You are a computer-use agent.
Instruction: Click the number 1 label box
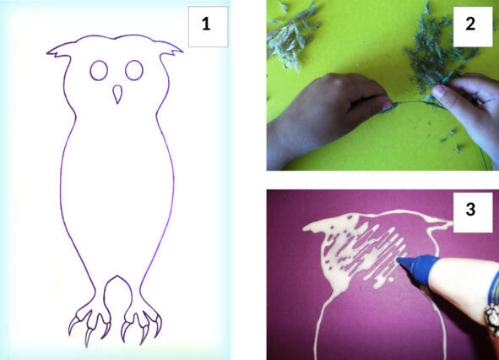point(209,27)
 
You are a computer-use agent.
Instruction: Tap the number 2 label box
point(473,27)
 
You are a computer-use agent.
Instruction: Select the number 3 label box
point(473,212)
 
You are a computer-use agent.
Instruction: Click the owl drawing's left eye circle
point(99,70)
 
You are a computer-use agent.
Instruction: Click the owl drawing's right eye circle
point(134,70)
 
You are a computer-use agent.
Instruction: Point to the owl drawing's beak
point(117,94)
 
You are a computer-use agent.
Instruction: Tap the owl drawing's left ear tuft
point(59,51)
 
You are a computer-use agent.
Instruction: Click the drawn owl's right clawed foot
point(142,325)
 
